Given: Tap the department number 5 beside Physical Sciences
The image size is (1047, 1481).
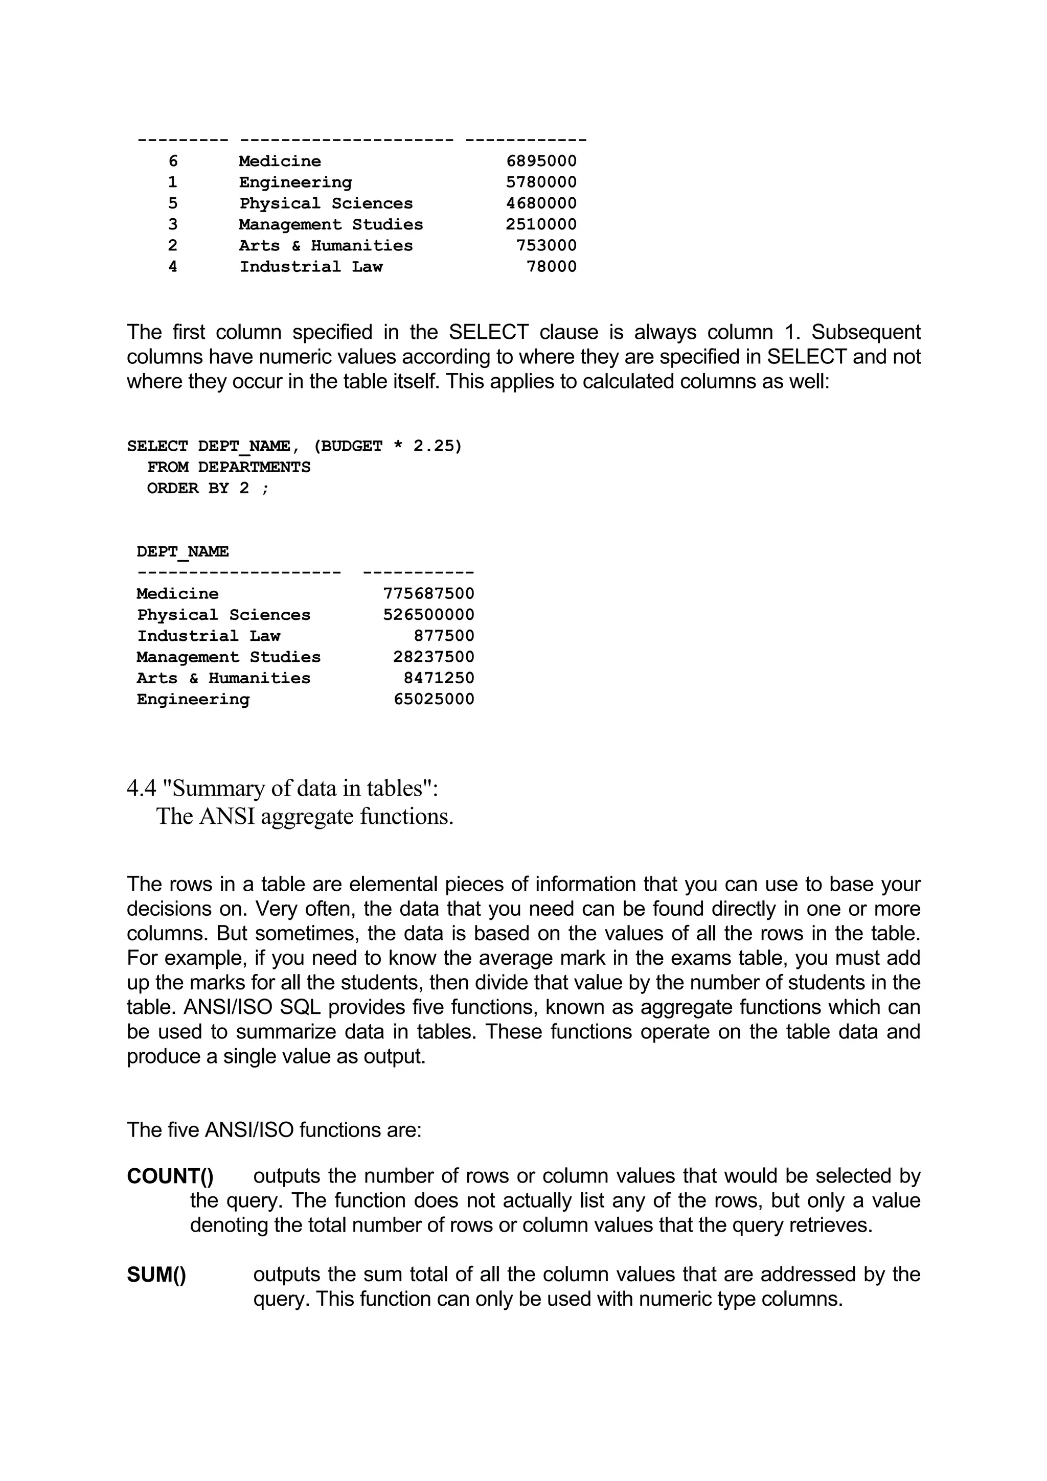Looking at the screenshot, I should point(172,203).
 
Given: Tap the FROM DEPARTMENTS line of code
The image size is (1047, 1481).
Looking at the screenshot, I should point(229,467).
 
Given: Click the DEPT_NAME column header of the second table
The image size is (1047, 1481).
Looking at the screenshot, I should point(183,551).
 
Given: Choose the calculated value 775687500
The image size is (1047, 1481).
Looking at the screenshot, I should point(428,593).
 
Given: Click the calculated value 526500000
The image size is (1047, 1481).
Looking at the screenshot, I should point(428,615).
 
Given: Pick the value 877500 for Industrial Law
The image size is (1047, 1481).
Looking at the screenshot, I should point(443,636).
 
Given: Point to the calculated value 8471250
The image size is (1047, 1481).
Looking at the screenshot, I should point(439,678).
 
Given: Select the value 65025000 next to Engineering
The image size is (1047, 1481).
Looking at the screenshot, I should point(434,699).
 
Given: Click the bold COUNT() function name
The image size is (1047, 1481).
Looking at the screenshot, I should point(170,1176).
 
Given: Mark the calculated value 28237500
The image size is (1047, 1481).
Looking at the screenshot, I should point(434,657).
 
